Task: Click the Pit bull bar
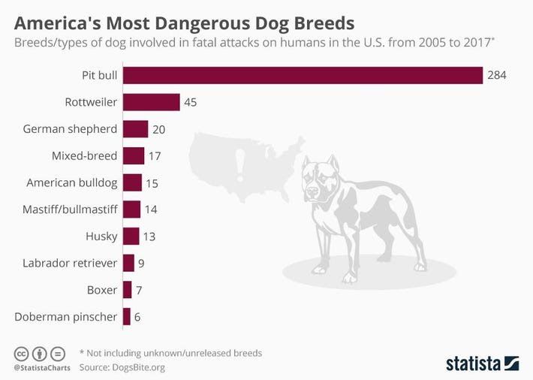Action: tap(303, 75)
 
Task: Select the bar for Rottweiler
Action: tap(151, 102)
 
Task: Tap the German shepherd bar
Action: tap(135, 129)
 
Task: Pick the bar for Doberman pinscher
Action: tap(127, 316)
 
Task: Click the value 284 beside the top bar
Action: tap(497, 75)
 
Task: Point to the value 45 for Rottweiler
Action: tap(190, 102)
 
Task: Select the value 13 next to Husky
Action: tap(149, 237)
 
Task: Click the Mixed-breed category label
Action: tap(84, 156)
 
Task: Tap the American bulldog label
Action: tap(72, 182)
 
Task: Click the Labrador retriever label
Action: tap(70, 263)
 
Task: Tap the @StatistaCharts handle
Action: tap(40, 368)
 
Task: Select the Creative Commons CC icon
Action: tap(21, 353)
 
